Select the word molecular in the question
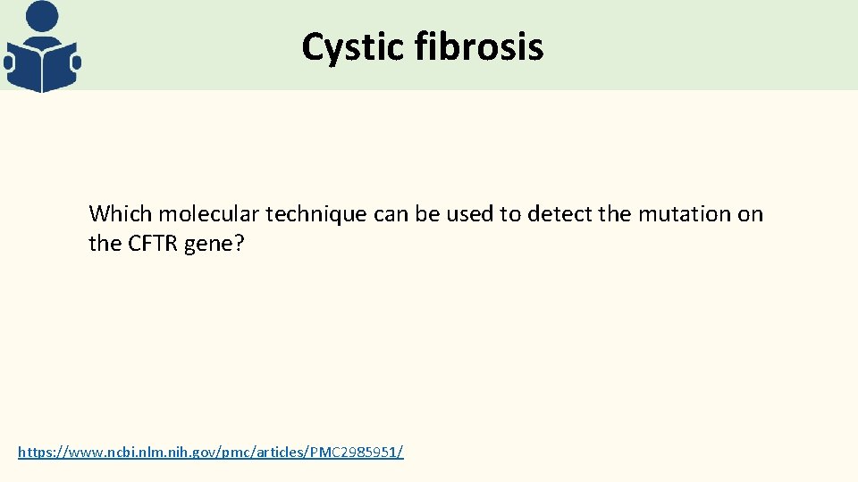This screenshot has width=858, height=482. (x=198, y=214)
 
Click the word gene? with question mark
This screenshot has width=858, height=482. (x=214, y=244)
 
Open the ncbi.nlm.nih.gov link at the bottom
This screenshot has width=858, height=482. (x=210, y=453)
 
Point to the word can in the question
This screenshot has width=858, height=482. (x=389, y=214)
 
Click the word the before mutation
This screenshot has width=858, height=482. (x=618, y=214)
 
